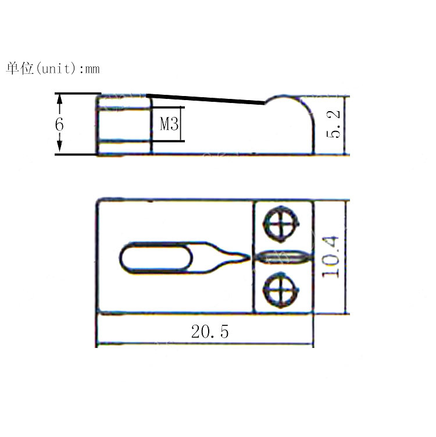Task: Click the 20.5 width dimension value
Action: [210, 332]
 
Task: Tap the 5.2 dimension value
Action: [334, 125]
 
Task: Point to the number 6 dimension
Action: [59, 125]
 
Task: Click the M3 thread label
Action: [168, 124]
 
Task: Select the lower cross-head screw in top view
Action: [282, 289]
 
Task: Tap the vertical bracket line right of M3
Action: [183, 124]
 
